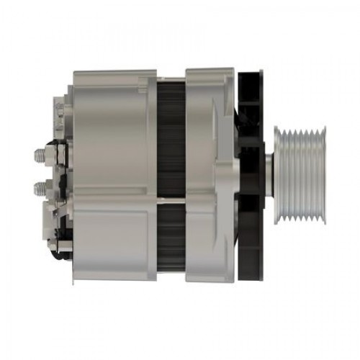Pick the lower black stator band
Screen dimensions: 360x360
171,230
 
